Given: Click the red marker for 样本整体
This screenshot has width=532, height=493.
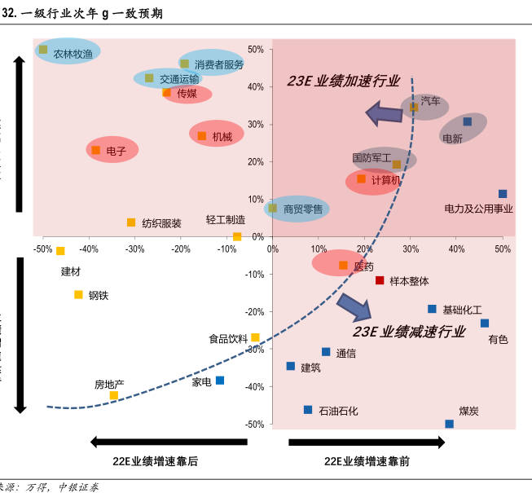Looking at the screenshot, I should click(x=380, y=280).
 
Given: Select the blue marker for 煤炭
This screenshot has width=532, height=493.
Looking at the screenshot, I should click(x=449, y=424).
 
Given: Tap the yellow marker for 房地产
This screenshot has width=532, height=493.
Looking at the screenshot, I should click(x=114, y=395).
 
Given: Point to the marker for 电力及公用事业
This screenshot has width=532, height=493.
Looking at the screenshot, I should click(x=503, y=194).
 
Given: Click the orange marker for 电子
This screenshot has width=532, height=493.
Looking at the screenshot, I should click(x=96, y=150).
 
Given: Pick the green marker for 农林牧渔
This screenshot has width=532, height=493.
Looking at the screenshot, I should click(x=43, y=50).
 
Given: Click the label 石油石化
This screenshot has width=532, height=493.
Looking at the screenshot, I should click(x=338, y=411).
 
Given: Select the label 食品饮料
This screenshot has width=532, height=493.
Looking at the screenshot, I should click(x=227, y=339).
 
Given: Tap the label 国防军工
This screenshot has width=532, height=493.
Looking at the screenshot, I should click(x=372, y=157).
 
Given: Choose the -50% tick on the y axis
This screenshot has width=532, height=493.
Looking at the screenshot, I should click(x=255, y=425).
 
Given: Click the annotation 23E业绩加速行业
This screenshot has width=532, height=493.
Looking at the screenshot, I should click(x=343, y=81).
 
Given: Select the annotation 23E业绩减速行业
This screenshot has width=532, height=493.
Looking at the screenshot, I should click(x=408, y=332).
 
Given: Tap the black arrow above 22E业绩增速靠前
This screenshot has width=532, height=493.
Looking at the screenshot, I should click(x=367, y=442).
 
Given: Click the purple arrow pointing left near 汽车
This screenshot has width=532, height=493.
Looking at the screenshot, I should click(x=384, y=113).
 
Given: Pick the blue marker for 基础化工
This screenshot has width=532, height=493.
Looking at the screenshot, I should click(x=432, y=309).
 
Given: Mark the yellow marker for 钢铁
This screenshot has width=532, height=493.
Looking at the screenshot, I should click(x=79, y=294).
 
